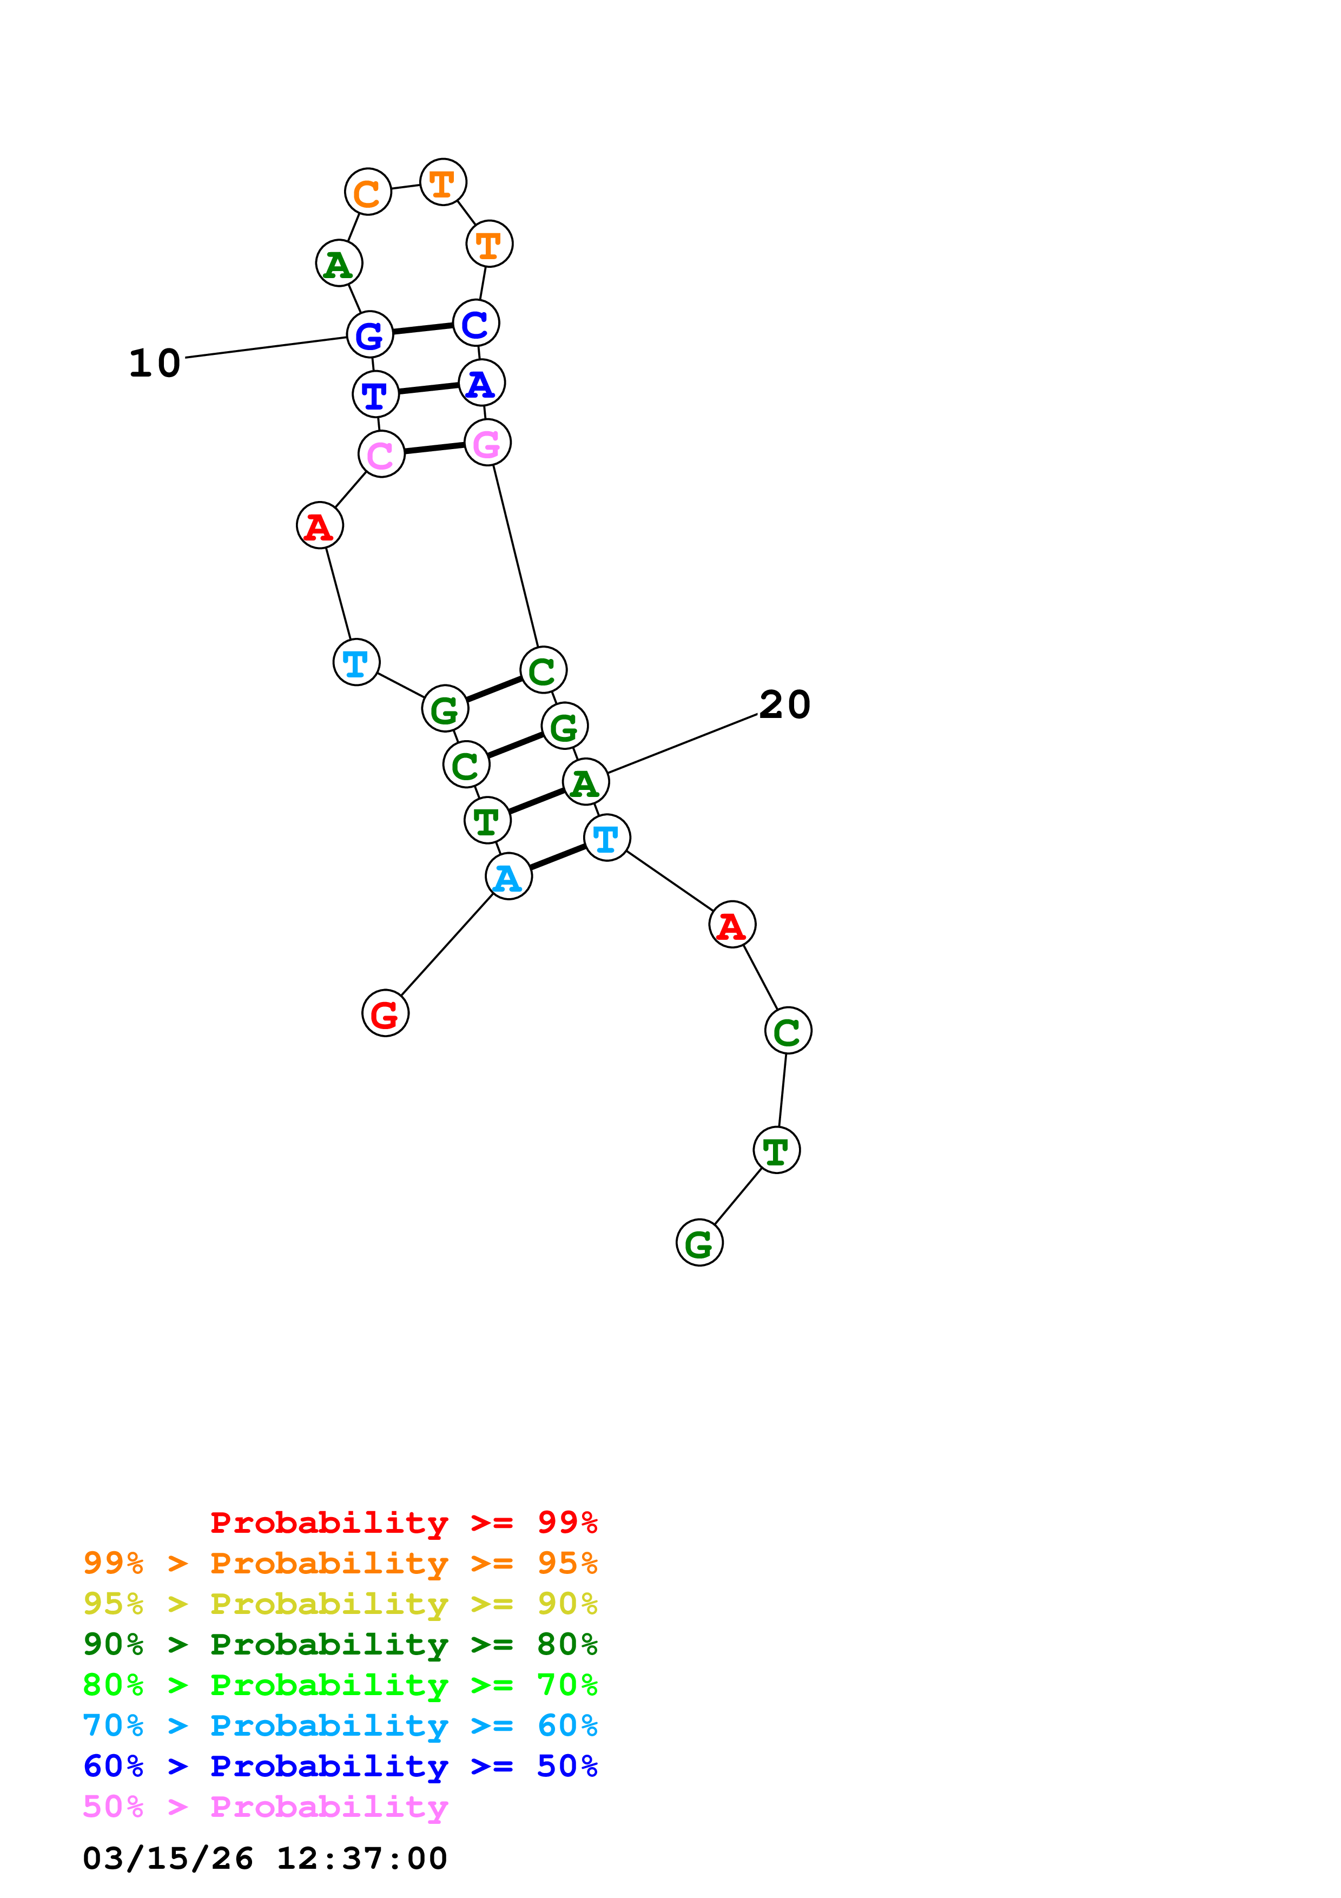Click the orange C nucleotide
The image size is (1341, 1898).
tap(368, 192)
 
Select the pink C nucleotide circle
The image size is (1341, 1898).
tap(381, 454)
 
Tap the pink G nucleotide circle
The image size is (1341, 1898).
tap(487, 443)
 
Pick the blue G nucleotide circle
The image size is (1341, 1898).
tap(369, 335)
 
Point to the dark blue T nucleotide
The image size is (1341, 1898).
tap(375, 394)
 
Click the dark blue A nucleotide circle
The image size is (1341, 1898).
tap(481, 383)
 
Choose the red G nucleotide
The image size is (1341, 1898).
tap(385, 1013)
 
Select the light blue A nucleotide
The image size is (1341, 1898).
tap(508, 876)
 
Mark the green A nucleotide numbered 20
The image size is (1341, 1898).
tap(585, 782)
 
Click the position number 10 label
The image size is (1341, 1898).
tap(155, 363)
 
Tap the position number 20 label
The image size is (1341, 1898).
tap(784, 705)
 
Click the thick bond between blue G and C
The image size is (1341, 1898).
tap(422, 329)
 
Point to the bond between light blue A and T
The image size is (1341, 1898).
tap(558, 857)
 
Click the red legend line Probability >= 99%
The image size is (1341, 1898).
tap(403, 1522)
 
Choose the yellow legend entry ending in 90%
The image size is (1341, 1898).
tap(340, 1604)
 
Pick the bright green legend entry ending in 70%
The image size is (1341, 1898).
tap(340, 1685)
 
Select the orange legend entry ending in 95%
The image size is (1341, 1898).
tap(340, 1563)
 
